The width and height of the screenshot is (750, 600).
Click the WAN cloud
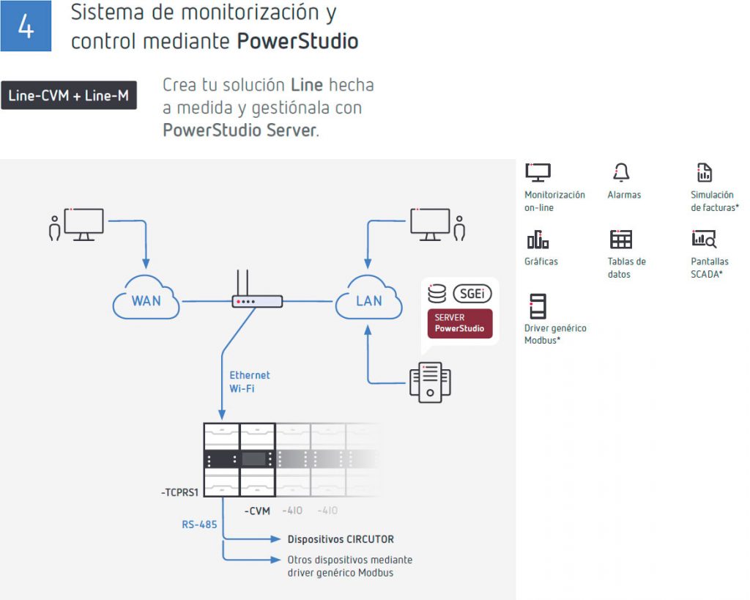[x=146, y=299]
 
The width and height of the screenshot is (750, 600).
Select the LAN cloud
[x=368, y=299]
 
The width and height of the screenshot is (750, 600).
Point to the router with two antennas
[x=256, y=296]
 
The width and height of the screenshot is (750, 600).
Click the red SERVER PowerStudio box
[x=460, y=323]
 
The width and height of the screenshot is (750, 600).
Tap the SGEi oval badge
[x=472, y=294]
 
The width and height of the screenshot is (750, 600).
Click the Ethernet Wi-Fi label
[x=249, y=382]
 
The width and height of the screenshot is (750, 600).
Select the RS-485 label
[x=199, y=525]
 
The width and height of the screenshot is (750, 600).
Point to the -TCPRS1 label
[x=181, y=494]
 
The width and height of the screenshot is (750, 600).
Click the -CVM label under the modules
[x=257, y=510]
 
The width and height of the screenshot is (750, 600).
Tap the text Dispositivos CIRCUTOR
[x=341, y=539]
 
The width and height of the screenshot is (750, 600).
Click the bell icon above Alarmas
[x=621, y=173]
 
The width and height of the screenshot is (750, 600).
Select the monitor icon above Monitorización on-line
[x=538, y=173]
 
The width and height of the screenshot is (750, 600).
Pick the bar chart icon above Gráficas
[x=538, y=240]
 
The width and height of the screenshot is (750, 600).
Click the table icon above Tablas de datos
[x=620, y=240]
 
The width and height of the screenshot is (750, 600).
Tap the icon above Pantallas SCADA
[x=704, y=240]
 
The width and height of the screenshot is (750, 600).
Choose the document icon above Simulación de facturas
[x=704, y=173]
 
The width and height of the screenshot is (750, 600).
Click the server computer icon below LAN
[x=431, y=382]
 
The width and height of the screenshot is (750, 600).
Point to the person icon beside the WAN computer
[x=54, y=228]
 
